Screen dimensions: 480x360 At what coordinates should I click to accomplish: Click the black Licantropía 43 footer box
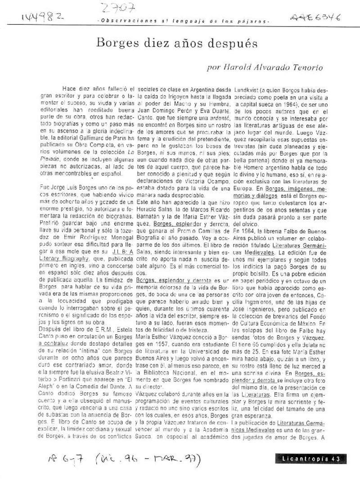[x=310, y=458]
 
